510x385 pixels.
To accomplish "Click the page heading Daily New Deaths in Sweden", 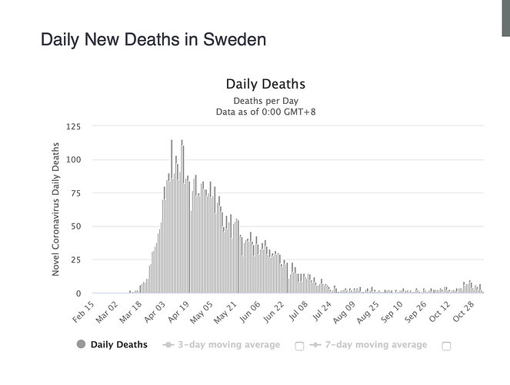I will (154, 39).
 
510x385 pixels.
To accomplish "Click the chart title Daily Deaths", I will (265, 84).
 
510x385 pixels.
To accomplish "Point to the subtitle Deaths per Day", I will (265, 101).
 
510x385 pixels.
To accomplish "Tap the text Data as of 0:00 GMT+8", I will (265, 112).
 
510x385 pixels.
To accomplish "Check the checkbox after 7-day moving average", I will (446, 346).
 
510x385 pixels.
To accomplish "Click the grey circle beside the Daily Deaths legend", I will (80, 345).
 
